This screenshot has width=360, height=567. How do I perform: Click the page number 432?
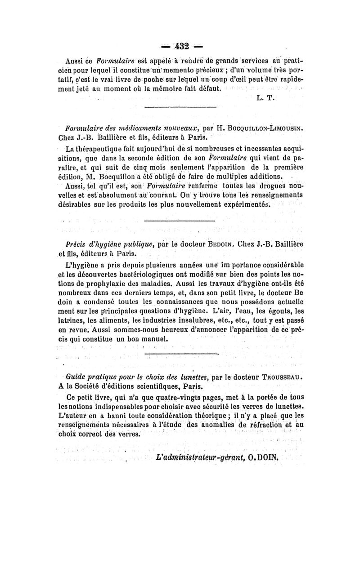pyautogui.click(x=180, y=46)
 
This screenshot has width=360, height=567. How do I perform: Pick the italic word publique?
pyautogui.click(x=131, y=244)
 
